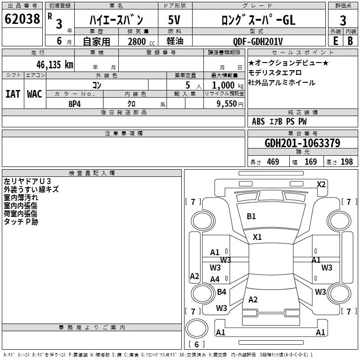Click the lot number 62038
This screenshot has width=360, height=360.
(x=22, y=19)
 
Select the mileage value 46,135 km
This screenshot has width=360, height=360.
(x=55, y=65)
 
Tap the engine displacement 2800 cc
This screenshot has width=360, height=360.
(x=141, y=41)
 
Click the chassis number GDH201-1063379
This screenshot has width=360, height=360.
(x=302, y=143)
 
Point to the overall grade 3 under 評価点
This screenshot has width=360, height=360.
(x=343, y=21)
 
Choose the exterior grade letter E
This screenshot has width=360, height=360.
(x=336, y=41)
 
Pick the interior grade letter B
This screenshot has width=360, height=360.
(x=350, y=41)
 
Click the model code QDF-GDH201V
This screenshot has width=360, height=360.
(x=258, y=41)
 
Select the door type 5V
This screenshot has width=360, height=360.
(x=174, y=20)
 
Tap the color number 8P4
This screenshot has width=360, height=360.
(x=75, y=104)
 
